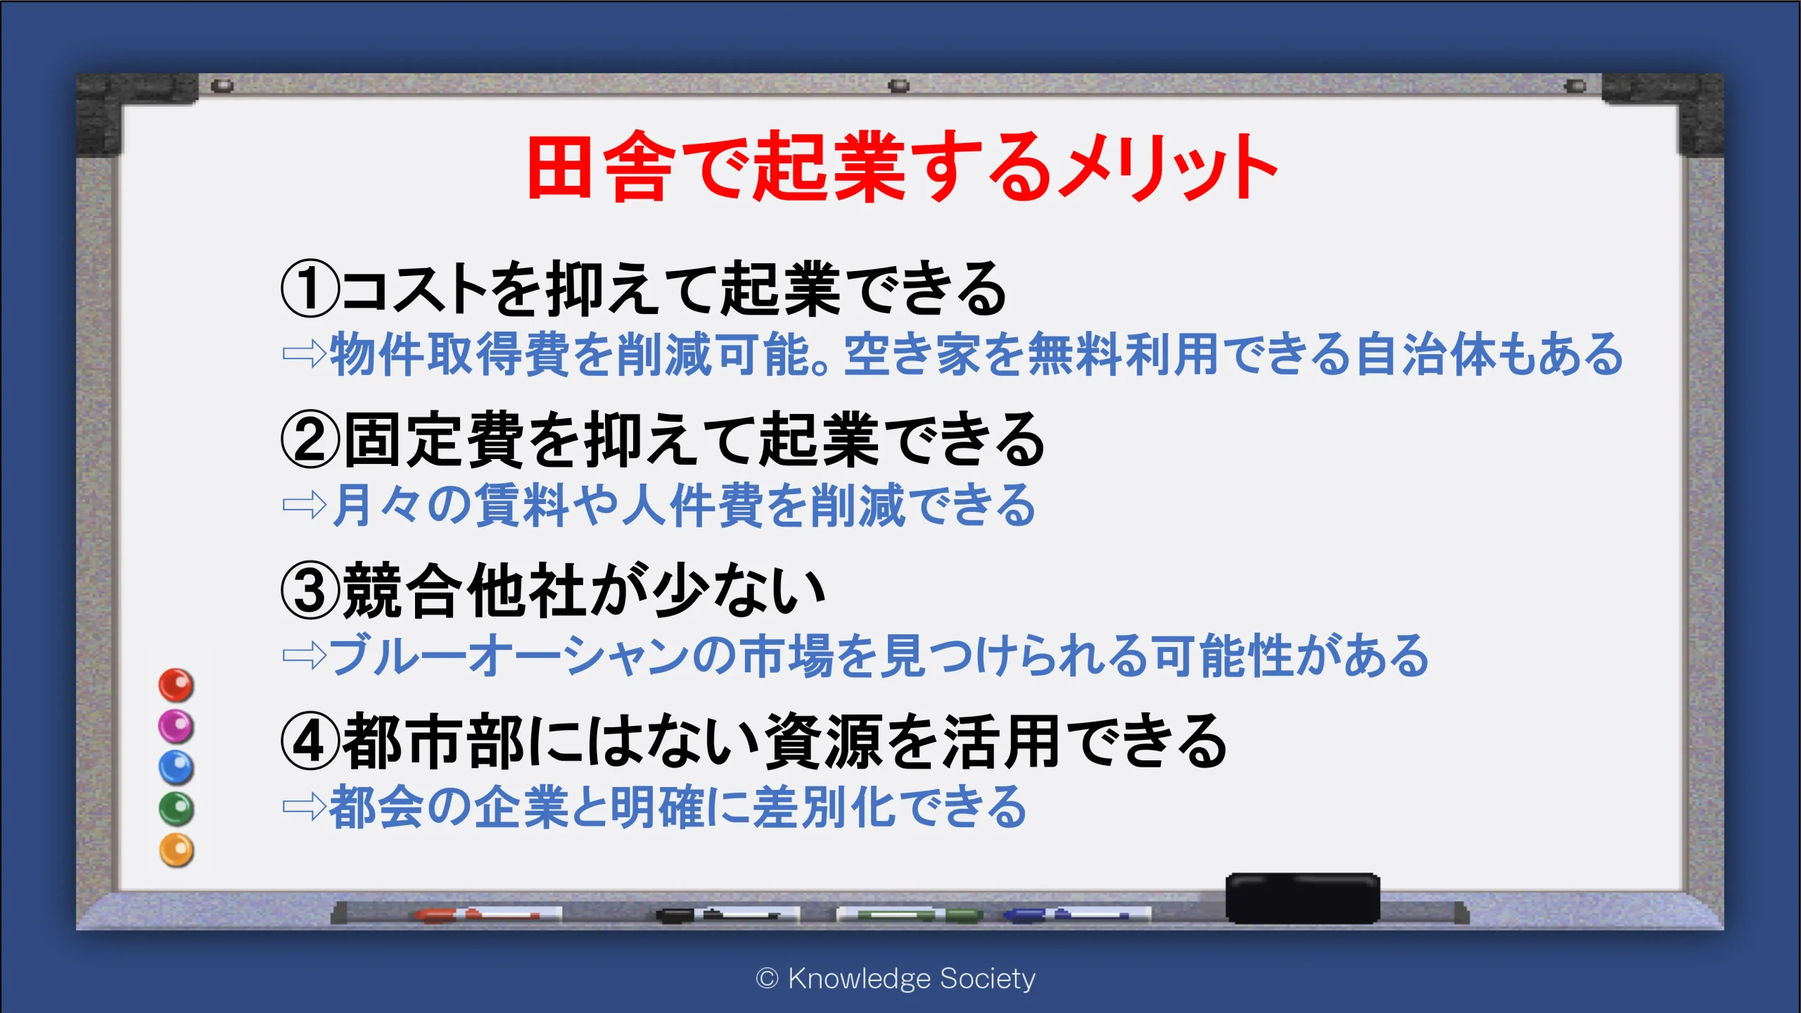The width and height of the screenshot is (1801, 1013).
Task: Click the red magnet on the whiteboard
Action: click(x=176, y=685)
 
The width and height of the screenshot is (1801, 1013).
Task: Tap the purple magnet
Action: click(x=176, y=726)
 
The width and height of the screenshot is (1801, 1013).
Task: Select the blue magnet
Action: click(x=176, y=767)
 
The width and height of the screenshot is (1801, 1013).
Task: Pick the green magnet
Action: click(x=176, y=809)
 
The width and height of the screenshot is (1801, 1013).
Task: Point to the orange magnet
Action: click(x=176, y=850)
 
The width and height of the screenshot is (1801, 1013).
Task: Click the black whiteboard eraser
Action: click(x=1303, y=898)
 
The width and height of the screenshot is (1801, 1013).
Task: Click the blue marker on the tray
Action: click(x=1076, y=914)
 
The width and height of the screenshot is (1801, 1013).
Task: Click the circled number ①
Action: click(x=310, y=288)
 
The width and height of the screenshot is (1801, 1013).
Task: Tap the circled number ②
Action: click(x=310, y=439)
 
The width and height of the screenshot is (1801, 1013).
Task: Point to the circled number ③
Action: click(x=310, y=591)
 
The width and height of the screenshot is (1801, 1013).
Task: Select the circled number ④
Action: click(x=310, y=741)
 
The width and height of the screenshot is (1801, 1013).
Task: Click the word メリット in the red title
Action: click(x=1167, y=167)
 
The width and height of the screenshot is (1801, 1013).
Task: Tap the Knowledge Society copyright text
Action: click(x=895, y=979)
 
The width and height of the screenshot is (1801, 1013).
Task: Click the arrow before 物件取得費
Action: click(x=304, y=354)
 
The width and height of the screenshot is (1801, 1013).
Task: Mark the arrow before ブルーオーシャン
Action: click(x=304, y=656)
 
